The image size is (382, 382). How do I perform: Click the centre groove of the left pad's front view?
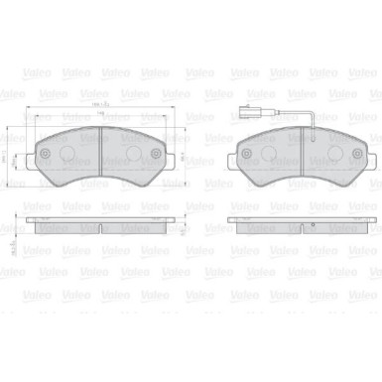pyautogui.click(x=103, y=149)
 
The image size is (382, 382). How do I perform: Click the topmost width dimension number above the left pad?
pyautogui.click(x=102, y=102)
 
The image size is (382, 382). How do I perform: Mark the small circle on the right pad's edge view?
pyautogui.click(x=313, y=228)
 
